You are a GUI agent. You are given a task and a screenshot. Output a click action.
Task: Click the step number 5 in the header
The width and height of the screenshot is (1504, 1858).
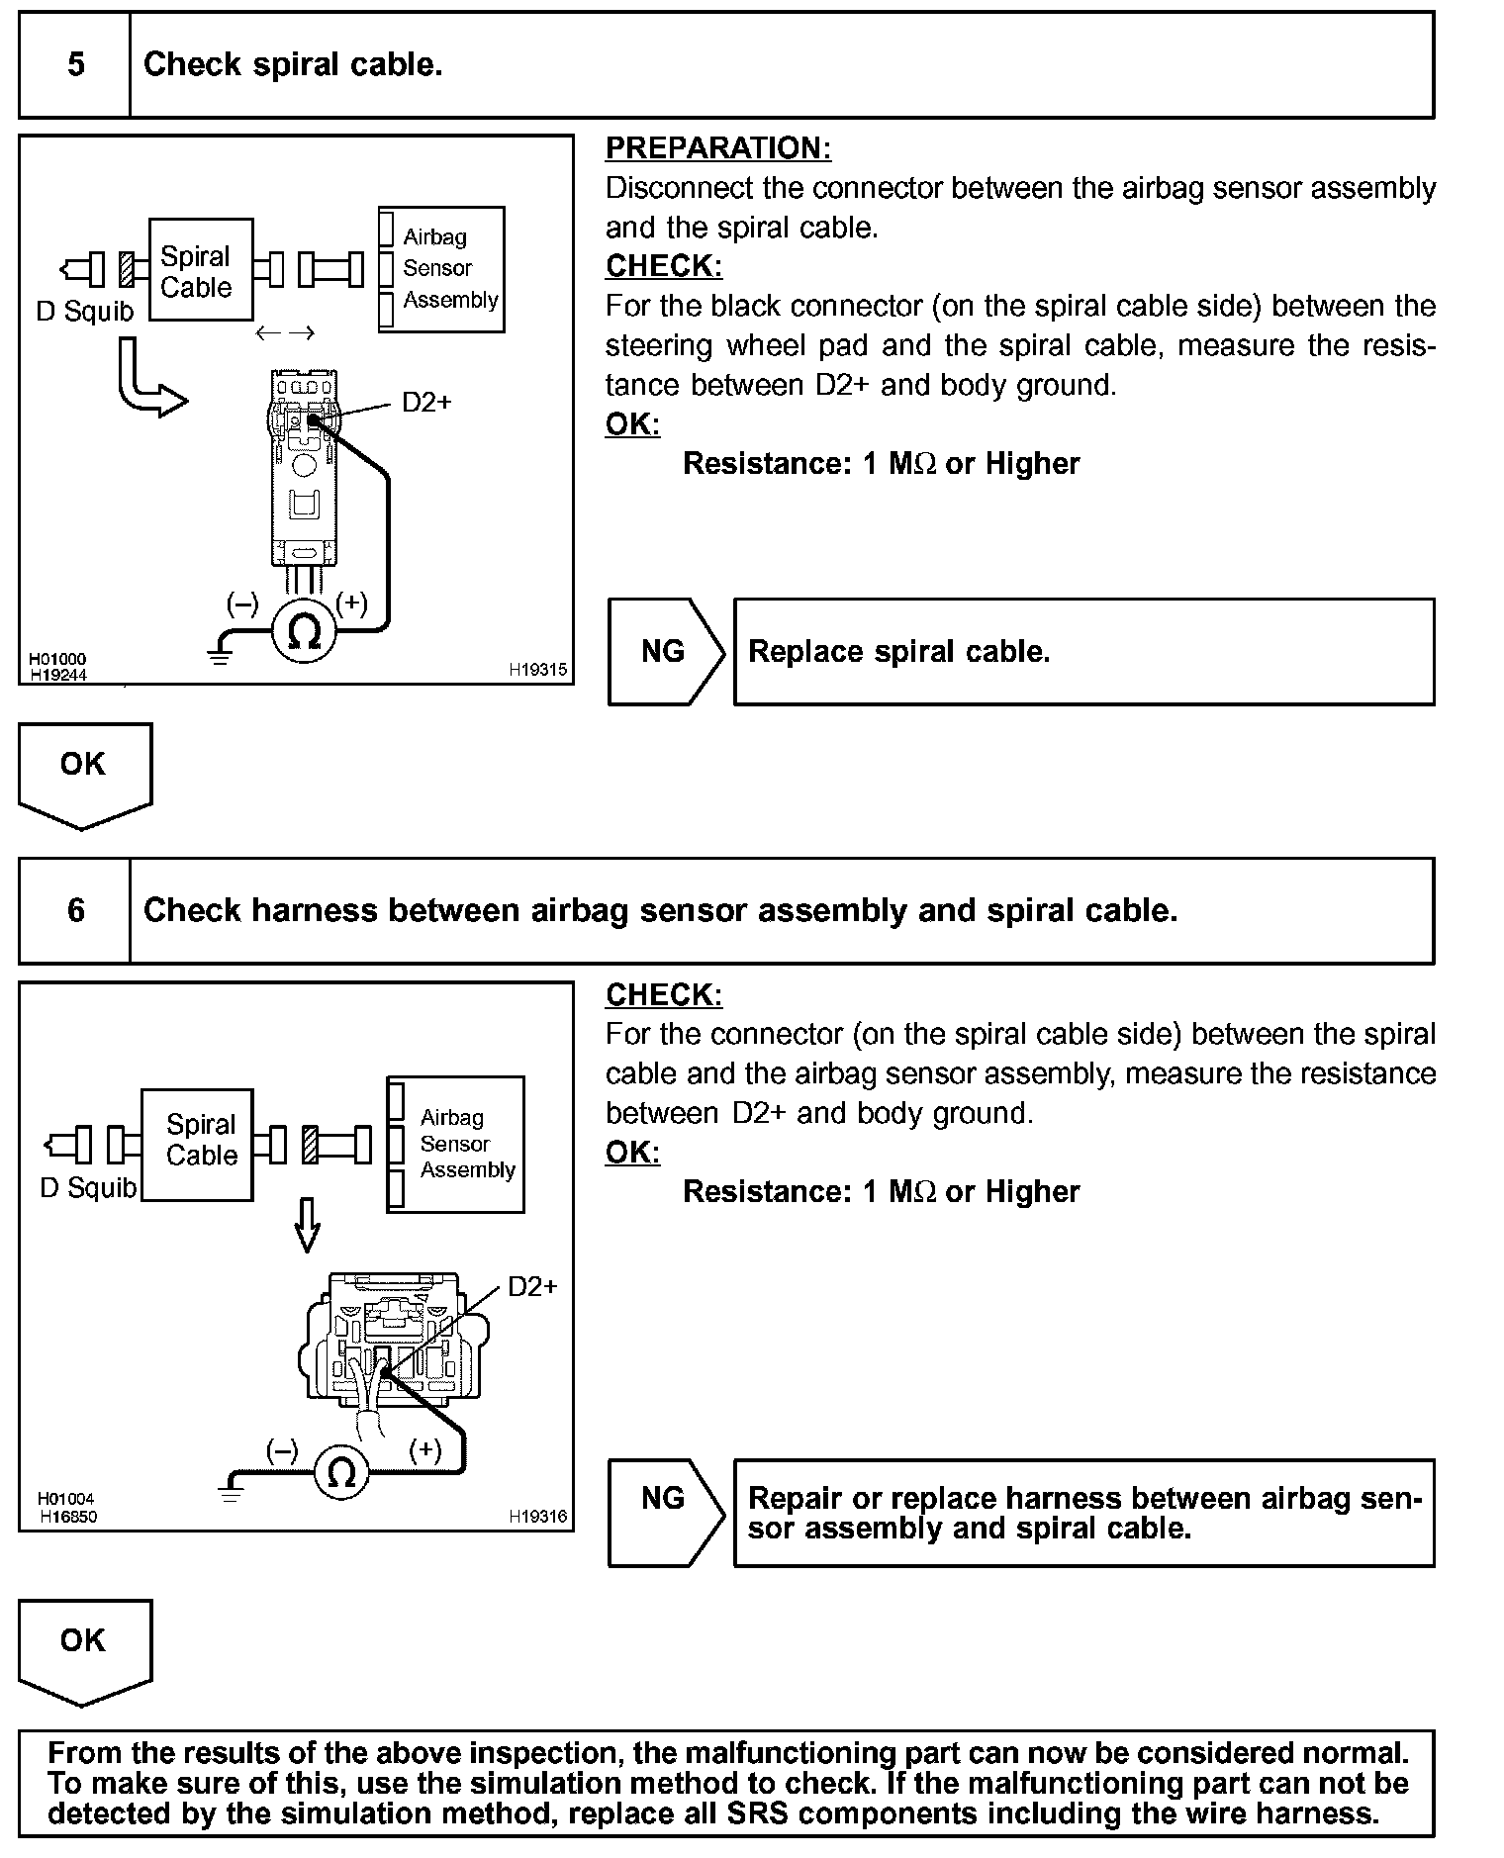click(x=75, y=65)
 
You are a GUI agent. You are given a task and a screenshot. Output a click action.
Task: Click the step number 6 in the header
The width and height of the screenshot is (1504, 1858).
click(x=75, y=910)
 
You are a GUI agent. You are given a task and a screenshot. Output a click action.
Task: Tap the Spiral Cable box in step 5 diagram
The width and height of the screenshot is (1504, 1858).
click(x=200, y=270)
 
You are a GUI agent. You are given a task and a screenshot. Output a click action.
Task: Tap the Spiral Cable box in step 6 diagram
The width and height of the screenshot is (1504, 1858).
click(x=198, y=1144)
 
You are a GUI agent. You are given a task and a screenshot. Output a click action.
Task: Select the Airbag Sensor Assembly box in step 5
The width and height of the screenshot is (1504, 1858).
click(x=442, y=269)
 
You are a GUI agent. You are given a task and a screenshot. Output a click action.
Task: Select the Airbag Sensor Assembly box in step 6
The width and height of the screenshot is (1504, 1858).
click(x=456, y=1144)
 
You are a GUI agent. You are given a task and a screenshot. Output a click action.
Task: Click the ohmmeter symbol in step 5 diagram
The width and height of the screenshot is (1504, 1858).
click(x=305, y=631)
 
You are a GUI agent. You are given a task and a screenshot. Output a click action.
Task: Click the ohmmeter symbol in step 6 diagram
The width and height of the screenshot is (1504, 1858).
click(x=341, y=1473)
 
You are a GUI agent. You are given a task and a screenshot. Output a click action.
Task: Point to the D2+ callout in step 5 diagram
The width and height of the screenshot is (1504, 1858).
click(x=426, y=403)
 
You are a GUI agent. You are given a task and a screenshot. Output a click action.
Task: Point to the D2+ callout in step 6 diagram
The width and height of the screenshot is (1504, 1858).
click(x=532, y=1286)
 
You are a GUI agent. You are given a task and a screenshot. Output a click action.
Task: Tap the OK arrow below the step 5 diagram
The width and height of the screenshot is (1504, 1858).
click(x=84, y=772)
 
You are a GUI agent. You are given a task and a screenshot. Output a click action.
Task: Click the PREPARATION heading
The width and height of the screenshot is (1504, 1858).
click(x=717, y=148)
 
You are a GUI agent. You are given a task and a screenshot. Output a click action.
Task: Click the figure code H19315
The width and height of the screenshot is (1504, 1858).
click(x=537, y=670)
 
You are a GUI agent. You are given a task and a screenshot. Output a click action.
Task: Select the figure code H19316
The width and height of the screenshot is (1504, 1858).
click(x=537, y=1516)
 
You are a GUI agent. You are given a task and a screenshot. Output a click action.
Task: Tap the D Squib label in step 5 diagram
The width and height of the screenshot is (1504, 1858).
click(x=84, y=312)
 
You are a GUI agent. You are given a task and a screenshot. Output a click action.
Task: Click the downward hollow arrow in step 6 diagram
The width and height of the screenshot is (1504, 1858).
click(x=308, y=1225)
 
